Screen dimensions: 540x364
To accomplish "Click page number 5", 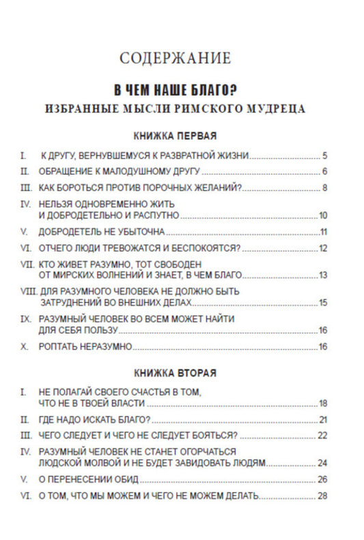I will coord(326,155).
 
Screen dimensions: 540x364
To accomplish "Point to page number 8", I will coord(326,188).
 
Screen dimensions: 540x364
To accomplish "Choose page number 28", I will coord(324,496).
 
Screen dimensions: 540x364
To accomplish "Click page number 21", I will coord(324,419).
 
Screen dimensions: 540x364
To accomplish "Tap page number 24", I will coord(324,463).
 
